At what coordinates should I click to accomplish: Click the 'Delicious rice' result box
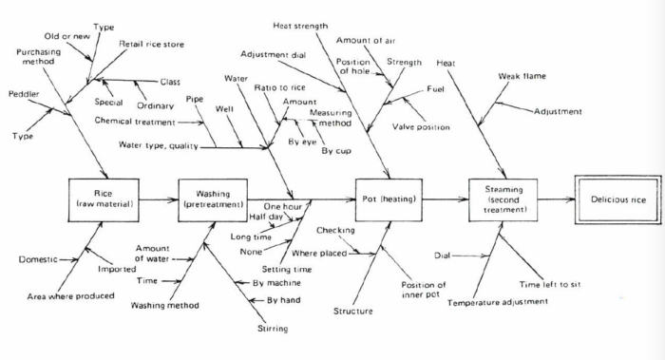coord(617,200)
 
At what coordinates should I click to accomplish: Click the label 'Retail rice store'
coord(151,44)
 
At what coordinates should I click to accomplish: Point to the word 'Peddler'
coord(24,94)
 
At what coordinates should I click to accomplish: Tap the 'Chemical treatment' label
coord(135,122)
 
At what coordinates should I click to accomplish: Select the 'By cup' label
coord(334,151)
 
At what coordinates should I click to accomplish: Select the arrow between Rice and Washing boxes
coord(157,200)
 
